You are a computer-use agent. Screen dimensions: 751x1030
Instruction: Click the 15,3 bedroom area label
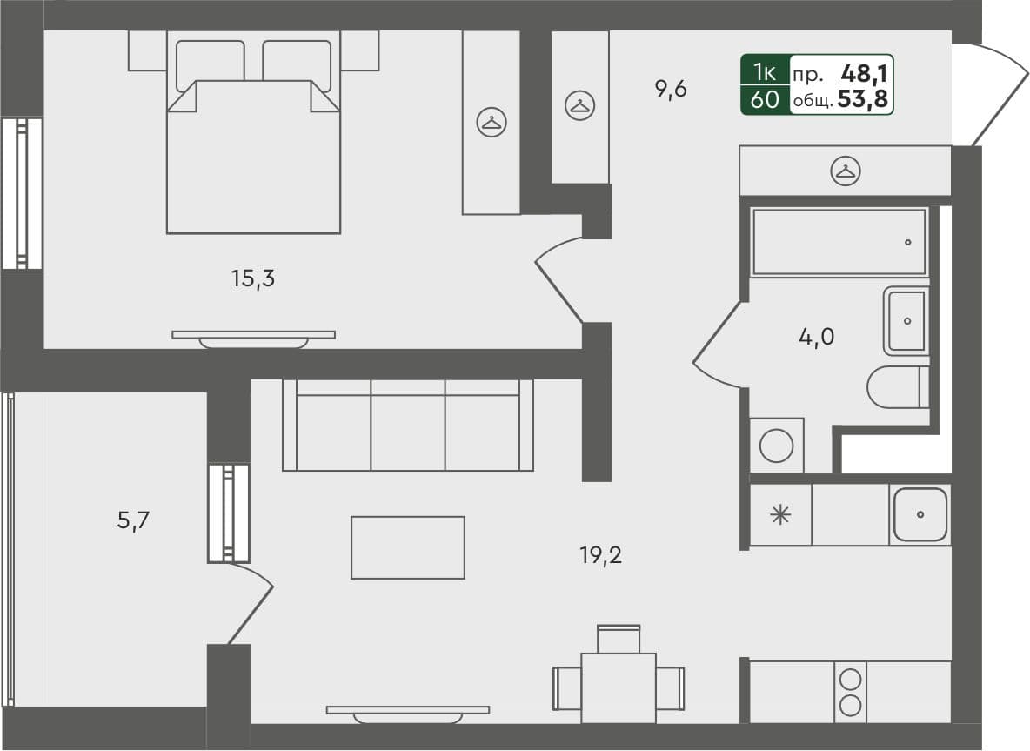click(x=253, y=279)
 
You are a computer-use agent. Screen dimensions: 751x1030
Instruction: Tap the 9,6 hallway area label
click(x=672, y=89)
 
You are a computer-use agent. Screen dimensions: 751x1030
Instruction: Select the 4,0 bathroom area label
click(x=816, y=336)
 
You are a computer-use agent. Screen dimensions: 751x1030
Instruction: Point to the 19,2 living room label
click(x=600, y=555)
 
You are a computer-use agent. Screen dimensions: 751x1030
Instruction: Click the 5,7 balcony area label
click(x=135, y=520)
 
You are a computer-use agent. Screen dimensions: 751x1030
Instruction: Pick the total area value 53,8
click(x=863, y=100)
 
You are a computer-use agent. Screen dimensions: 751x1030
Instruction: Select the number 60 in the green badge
click(x=764, y=100)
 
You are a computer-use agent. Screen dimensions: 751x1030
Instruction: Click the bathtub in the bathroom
click(x=839, y=242)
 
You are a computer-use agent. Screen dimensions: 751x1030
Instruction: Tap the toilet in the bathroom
click(x=897, y=386)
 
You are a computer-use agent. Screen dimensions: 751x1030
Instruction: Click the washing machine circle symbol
click(x=776, y=446)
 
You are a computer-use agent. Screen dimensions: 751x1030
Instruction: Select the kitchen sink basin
click(x=920, y=514)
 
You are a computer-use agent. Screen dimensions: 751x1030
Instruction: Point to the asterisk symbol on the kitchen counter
click(x=780, y=514)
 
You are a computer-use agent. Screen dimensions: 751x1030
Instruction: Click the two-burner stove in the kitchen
click(x=851, y=692)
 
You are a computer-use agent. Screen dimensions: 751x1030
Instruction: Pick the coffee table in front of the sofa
click(x=407, y=546)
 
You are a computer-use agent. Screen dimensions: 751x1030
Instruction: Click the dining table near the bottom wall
click(x=619, y=687)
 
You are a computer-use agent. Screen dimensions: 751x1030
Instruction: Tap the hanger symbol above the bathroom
click(x=845, y=171)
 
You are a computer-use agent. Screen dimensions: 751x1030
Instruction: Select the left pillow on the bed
click(x=211, y=64)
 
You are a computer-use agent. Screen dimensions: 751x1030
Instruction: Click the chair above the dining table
click(x=619, y=638)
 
